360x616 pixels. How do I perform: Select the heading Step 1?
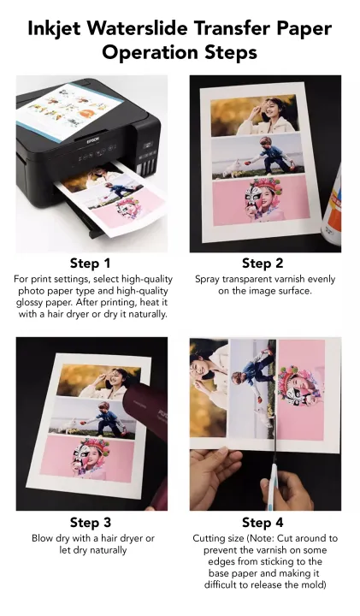91,263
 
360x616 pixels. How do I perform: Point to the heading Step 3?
91,522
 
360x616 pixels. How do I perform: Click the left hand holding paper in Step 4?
214,479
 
